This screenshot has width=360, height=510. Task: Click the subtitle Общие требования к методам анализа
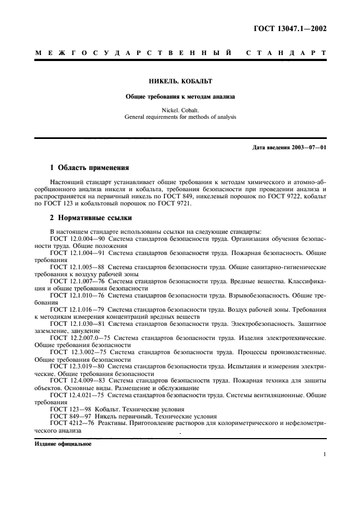click(x=180, y=96)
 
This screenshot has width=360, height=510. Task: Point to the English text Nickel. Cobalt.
click(x=180, y=110)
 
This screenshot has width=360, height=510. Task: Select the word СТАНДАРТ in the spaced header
click(x=286, y=53)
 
